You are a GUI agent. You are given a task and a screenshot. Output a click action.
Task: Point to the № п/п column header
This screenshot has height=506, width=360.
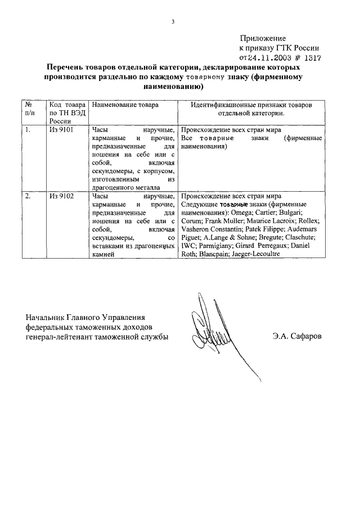pos(28,109)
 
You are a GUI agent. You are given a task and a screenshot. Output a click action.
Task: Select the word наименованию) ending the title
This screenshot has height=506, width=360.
pos(174,87)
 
